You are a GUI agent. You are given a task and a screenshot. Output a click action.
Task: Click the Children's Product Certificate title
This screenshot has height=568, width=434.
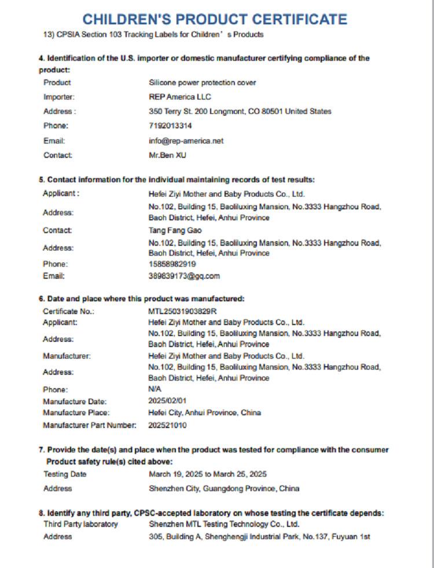coord(215,19)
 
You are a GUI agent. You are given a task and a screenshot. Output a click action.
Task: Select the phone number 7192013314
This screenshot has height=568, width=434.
coord(170,126)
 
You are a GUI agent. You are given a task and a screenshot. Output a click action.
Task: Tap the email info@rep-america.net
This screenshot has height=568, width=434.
coord(186,141)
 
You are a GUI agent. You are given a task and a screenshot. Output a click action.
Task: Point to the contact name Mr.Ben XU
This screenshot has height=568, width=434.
coord(168,155)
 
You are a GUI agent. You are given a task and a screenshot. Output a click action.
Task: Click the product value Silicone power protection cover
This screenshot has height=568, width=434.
coord(202,83)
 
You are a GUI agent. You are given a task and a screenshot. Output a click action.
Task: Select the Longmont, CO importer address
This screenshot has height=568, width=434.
coord(240,112)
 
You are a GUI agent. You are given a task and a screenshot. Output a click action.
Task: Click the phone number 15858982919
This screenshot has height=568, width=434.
coord(172,264)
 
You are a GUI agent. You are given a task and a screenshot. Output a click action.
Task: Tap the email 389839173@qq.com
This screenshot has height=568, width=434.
coord(184,276)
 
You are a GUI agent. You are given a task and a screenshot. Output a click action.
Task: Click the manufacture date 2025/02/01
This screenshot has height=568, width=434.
coord(167,400)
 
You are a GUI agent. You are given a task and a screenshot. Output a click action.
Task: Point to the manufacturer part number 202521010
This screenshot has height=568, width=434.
coord(167,425)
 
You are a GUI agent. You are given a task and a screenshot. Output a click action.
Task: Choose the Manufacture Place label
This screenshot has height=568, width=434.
coord(76,413)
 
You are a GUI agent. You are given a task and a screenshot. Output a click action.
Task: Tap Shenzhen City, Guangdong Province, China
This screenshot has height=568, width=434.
coord(224,489)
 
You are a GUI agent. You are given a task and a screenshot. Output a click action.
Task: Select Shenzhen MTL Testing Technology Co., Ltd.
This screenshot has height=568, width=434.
coord(224,524)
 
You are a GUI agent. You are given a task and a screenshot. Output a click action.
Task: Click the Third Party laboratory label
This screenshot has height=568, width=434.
coord(80,524)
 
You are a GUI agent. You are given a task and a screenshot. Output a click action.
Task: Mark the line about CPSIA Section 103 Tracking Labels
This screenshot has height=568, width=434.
coord(153,35)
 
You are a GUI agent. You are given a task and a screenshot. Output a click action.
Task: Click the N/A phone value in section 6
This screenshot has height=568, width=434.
coord(155,389)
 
